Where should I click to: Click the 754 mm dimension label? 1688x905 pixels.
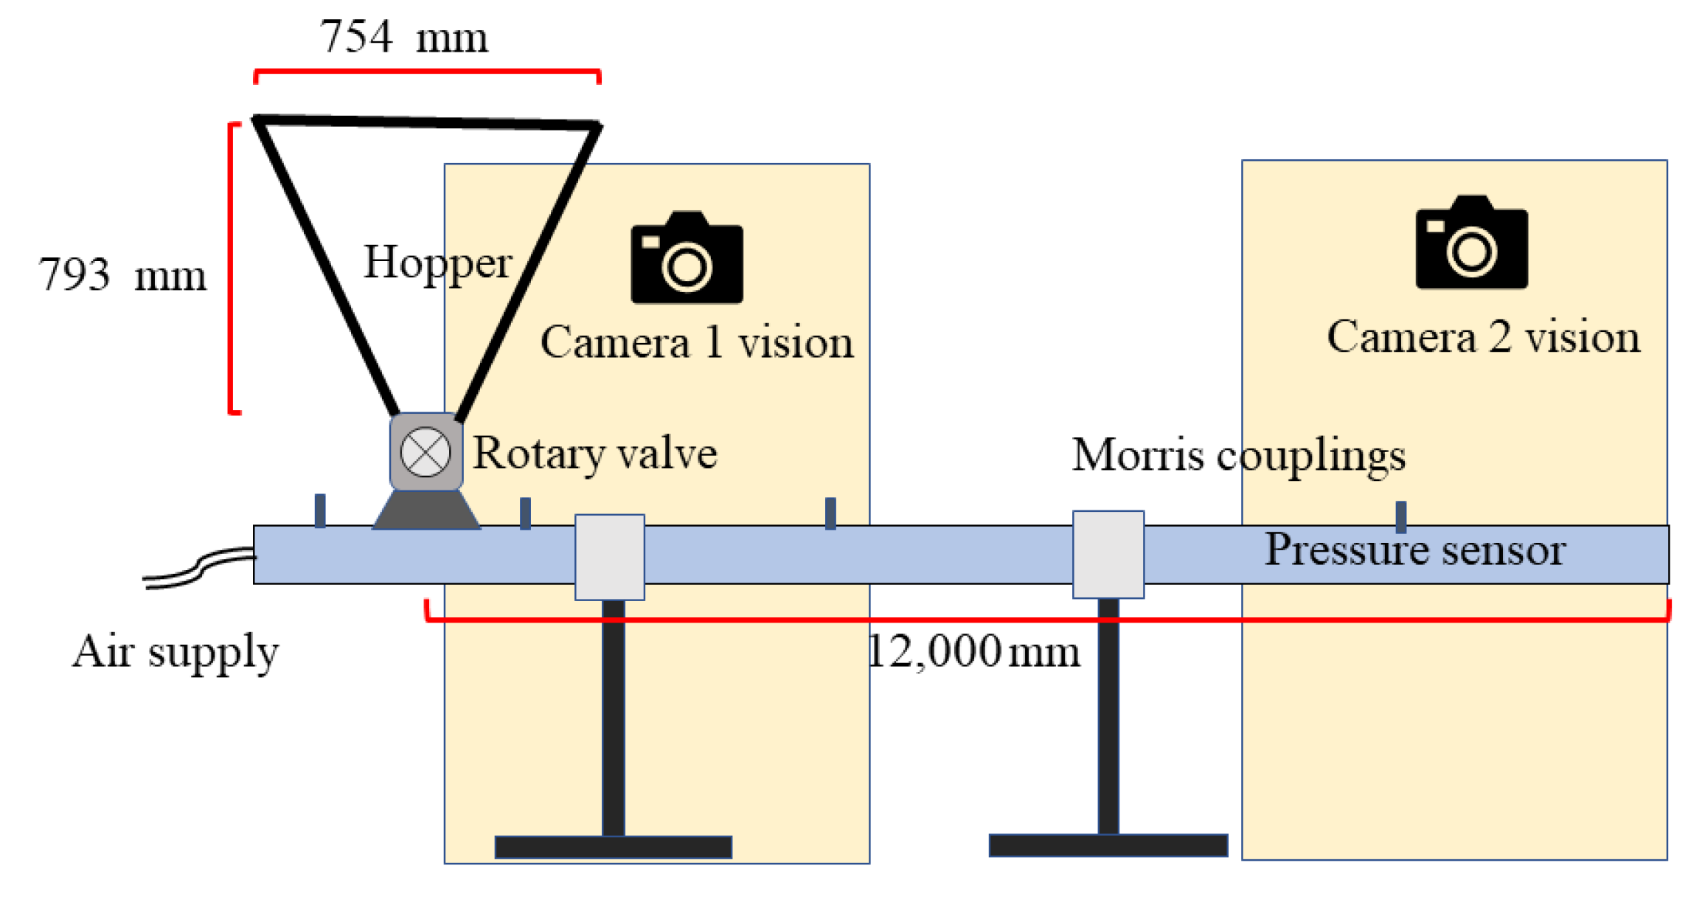click(x=403, y=37)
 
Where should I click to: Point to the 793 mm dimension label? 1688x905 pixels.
click(x=122, y=275)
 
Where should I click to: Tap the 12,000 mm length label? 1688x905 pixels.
click(x=973, y=652)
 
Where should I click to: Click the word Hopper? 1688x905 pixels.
click(x=437, y=263)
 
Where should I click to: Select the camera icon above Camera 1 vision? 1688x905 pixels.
click(x=687, y=258)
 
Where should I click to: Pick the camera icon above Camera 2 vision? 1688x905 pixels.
click(x=1471, y=243)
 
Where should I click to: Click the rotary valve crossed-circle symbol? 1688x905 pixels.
click(x=426, y=451)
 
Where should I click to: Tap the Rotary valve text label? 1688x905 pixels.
click(x=594, y=453)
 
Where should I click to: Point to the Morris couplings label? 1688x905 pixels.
click(x=1238, y=455)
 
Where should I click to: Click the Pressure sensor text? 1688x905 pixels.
click(x=1414, y=550)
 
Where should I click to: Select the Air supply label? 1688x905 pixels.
click(x=176, y=652)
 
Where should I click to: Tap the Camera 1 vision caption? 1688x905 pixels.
click(x=697, y=343)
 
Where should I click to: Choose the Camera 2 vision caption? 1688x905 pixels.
click(x=1483, y=338)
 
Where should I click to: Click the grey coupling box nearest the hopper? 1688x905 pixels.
click(x=609, y=557)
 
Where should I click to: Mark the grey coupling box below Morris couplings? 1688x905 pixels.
click(x=1108, y=554)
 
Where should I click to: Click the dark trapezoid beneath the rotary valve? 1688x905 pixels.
click(x=426, y=510)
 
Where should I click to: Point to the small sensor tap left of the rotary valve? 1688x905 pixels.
click(x=320, y=510)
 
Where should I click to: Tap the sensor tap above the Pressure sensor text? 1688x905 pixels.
click(x=1401, y=516)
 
